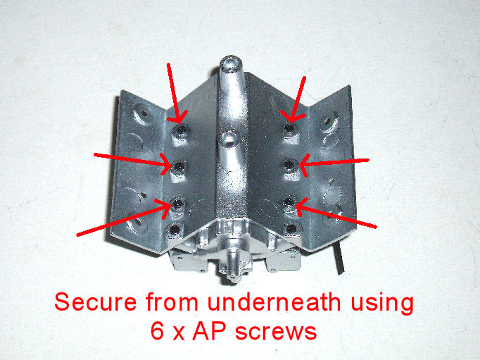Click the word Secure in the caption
click(x=96, y=302)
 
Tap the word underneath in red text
click(x=274, y=302)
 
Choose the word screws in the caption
click(x=276, y=333)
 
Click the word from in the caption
click(x=172, y=302)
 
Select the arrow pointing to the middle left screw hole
click(x=132, y=160)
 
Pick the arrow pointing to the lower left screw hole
click(x=122, y=218)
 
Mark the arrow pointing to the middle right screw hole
click(x=334, y=163)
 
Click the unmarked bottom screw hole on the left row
click(x=175, y=229)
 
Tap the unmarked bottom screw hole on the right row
click(x=291, y=228)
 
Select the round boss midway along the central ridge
click(x=229, y=139)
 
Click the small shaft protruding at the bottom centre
click(x=234, y=266)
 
